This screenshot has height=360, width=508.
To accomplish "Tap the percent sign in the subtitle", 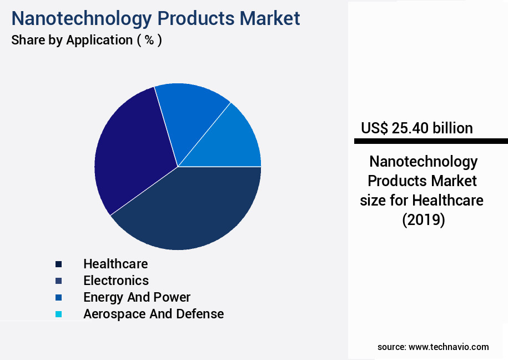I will point(149,40).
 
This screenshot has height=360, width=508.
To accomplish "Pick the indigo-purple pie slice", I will point(130,150).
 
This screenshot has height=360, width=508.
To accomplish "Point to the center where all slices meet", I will point(178,167).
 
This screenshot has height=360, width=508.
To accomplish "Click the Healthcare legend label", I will point(115,263).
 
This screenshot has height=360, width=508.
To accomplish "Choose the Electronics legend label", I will point(116,280).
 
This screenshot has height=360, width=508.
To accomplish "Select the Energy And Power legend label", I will point(137,297).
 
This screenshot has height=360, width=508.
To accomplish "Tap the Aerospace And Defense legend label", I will point(153,314).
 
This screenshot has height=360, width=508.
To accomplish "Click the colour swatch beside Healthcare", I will point(58,264).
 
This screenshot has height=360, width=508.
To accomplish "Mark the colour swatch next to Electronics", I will point(58,281).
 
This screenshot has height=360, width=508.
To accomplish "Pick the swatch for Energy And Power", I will point(58,297).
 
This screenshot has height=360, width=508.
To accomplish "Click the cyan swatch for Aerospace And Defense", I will point(58,314).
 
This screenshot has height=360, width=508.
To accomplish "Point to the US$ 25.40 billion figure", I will point(417,128).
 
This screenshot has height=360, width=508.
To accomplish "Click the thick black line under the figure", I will point(431,142).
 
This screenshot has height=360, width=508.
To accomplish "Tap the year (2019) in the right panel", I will point(424,220).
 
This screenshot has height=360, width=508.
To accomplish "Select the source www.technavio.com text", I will point(433,347).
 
